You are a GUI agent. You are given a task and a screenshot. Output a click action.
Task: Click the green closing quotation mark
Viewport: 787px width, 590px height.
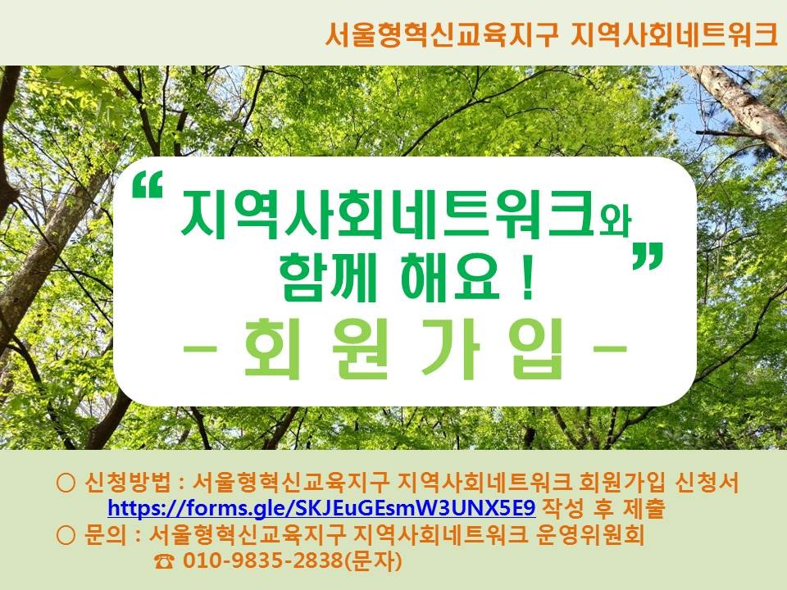click(x=648, y=256)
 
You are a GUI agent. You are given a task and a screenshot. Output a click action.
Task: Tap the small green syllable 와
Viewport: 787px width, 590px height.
click(x=614, y=220)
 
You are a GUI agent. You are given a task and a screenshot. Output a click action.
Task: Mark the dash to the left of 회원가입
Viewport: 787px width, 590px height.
click(x=199, y=348)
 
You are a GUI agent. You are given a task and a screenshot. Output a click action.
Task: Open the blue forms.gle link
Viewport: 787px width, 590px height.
click(x=321, y=508)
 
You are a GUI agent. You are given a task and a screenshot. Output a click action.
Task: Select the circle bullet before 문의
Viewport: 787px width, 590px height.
click(x=66, y=535)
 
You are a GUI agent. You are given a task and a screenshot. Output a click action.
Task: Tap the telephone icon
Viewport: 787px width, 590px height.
click(x=165, y=561)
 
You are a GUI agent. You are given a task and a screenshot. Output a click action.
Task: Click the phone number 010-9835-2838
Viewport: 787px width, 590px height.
click(x=263, y=560)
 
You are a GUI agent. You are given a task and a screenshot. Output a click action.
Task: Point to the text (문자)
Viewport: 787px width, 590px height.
click(x=374, y=560)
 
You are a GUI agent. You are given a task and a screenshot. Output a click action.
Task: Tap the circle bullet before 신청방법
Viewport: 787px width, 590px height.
click(x=66, y=483)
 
